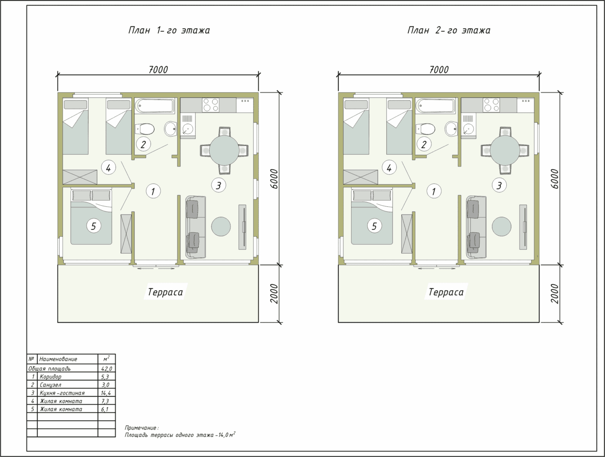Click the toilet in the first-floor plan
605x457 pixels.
tap(145, 129)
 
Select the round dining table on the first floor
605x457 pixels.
tap(224, 150)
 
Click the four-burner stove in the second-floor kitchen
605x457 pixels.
tap(491, 105)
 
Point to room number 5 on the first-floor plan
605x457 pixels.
tap(93, 226)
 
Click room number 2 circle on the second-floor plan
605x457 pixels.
tap(424, 144)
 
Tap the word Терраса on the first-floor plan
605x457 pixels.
tap(165, 292)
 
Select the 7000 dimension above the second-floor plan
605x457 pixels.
tap(439, 70)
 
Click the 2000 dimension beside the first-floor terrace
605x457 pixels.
tap(274, 294)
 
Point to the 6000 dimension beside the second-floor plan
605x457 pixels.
tap(555, 179)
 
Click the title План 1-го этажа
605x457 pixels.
tap(169, 30)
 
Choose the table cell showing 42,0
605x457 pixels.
tap(106, 368)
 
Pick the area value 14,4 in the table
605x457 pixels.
tap(106, 393)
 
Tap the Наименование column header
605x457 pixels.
tap(58, 359)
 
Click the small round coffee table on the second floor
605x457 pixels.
tap(502, 226)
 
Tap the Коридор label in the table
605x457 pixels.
tap(50, 377)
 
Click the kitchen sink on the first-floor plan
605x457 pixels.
tap(188, 129)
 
